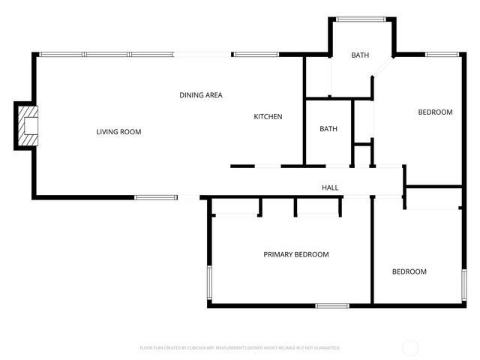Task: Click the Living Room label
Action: [x=118, y=132]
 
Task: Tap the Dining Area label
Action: [x=201, y=95]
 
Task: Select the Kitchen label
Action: [x=268, y=116]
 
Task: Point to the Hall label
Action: [x=330, y=187]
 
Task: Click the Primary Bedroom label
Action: [x=295, y=254]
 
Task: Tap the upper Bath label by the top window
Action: [x=361, y=55]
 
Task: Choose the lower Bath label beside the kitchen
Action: [x=328, y=129]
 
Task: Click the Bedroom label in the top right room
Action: [x=435, y=112]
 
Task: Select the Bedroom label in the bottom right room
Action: [x=409, y=271]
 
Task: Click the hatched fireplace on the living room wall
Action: [x=28, y=126]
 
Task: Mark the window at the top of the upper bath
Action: [x=361, y=19]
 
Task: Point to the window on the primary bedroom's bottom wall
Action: [x=331, y=305]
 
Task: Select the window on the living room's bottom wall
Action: [x=156, y=197]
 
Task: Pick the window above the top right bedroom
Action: [x=442, y=54]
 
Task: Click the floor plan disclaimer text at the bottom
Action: [x=240, y=348]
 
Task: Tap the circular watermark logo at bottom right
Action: [x=410, y=347]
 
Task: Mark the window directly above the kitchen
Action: [x=256, y=54]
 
